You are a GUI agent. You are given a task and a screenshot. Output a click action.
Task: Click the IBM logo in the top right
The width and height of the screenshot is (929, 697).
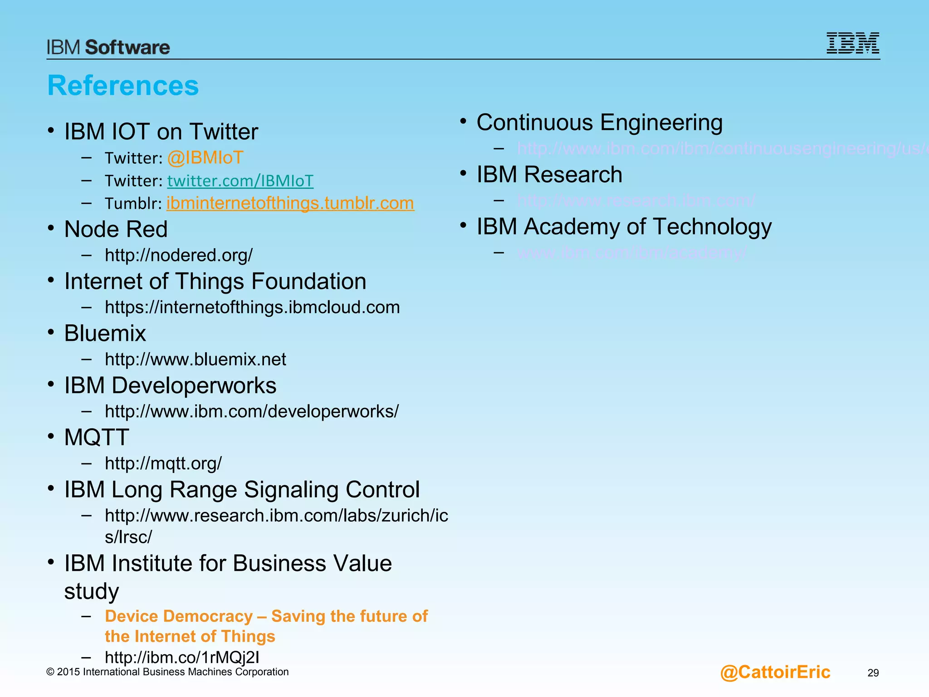coord(852,43)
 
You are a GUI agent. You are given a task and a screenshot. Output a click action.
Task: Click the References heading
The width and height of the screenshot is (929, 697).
coord(123,85)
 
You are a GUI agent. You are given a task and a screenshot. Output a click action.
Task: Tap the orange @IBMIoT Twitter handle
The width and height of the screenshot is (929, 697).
coord(205,158)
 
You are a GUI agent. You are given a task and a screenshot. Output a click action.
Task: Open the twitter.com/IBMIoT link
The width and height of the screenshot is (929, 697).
coord(240,181)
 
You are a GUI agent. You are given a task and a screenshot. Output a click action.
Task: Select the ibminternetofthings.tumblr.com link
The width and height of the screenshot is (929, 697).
coord(290,203)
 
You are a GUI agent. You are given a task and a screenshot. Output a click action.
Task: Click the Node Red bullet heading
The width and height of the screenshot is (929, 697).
coord(116,229)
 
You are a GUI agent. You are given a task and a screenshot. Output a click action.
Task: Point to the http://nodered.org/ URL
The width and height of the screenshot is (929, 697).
coord(178,255)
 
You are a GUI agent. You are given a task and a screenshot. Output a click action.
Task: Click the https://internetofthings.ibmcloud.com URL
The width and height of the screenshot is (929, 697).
coord(252,307)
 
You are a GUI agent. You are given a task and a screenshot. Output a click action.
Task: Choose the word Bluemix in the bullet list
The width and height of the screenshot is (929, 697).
coord(105,333)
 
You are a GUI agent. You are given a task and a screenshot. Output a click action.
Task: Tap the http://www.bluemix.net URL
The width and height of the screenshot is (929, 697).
coord(195,359)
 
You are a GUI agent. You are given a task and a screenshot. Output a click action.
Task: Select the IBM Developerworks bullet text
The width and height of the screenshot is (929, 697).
coord(170,385)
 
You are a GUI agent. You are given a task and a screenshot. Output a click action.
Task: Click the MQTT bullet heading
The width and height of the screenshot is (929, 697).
coord(97,437)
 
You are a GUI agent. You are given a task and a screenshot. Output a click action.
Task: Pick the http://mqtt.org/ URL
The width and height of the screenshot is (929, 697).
coord(163,463)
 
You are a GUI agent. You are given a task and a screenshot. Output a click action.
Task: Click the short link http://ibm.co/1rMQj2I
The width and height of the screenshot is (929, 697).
coord(182,657)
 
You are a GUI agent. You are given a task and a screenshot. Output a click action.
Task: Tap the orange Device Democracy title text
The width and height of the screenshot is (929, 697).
coord(266,617)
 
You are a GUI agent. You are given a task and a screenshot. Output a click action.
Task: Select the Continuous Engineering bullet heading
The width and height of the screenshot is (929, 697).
coord(599,123)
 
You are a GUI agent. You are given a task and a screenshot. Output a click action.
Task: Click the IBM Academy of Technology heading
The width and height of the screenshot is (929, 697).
coord(624,226)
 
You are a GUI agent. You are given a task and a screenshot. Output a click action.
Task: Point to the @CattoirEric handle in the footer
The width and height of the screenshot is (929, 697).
coord(775,672)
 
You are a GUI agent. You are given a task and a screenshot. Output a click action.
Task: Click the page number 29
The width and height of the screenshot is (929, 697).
coord(873,673)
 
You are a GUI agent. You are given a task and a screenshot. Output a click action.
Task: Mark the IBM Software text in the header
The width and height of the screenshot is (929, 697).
coord(108,47)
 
